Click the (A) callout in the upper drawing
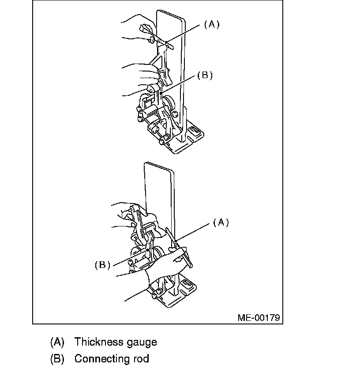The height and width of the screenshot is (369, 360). (x=211, y=25)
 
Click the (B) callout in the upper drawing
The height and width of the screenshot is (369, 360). (x=205, y=75)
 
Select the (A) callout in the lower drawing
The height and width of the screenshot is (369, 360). (x=221, y=223)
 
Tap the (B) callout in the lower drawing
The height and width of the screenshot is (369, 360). (x=102, y=265)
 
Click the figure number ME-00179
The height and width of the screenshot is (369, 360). (x=259, y=317)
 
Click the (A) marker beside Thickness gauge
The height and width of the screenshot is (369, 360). (x=57, y=342)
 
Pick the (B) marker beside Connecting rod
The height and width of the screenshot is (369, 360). (x=57, y=358)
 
